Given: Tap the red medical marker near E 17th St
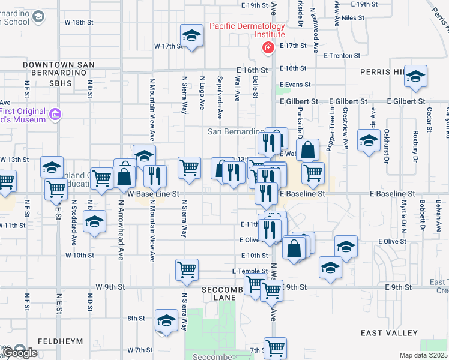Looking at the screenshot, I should pos(268,47).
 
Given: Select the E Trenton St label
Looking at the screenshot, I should pos(341,55).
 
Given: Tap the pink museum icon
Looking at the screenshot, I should pos(55,114).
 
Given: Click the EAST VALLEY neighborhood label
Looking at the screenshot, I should pos(389,332).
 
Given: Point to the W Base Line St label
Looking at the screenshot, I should pos(154,194).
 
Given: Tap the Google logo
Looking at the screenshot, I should pos(20,353).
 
